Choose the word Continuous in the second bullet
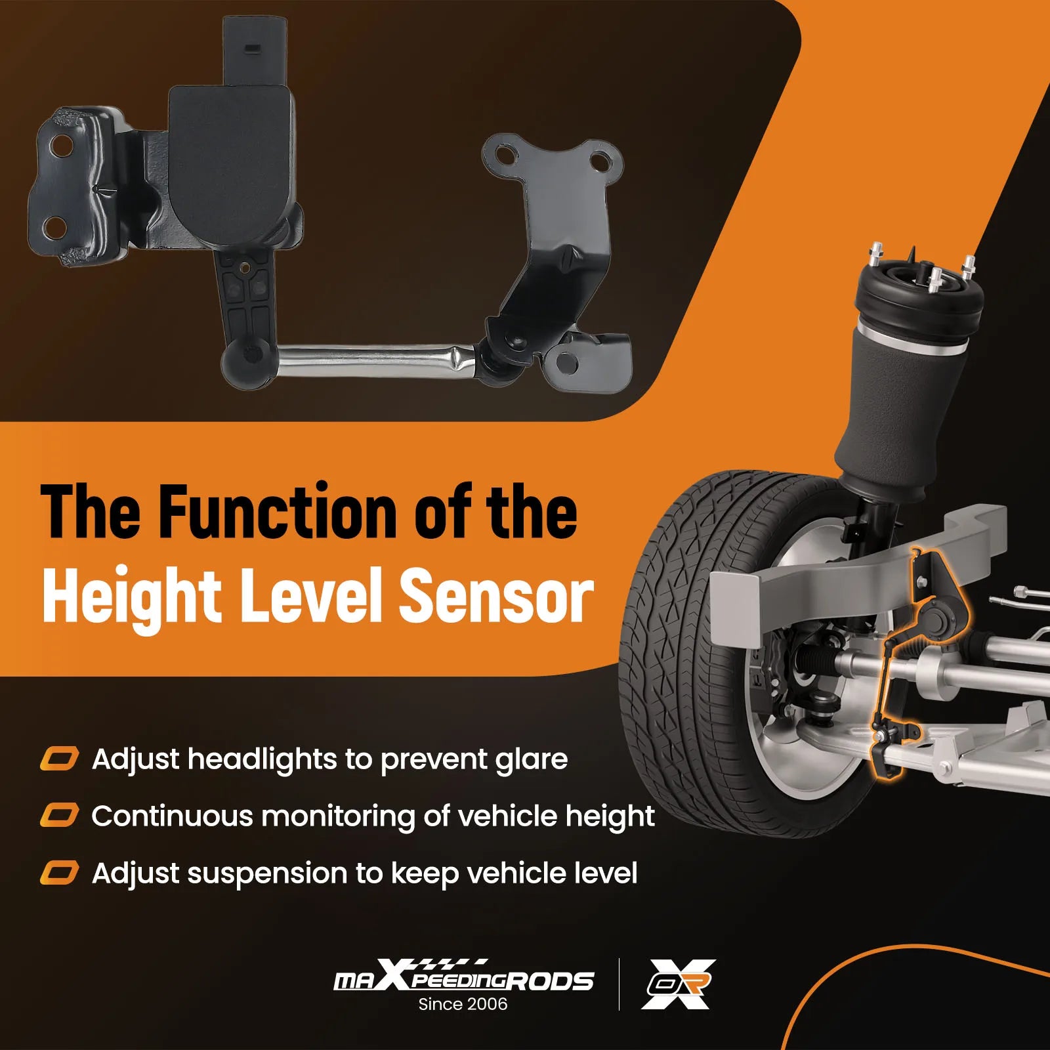172,816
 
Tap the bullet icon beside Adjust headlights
59,759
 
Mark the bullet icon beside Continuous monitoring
59,816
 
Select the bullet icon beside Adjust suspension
59,873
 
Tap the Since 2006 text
463,1004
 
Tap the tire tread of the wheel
663,656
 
